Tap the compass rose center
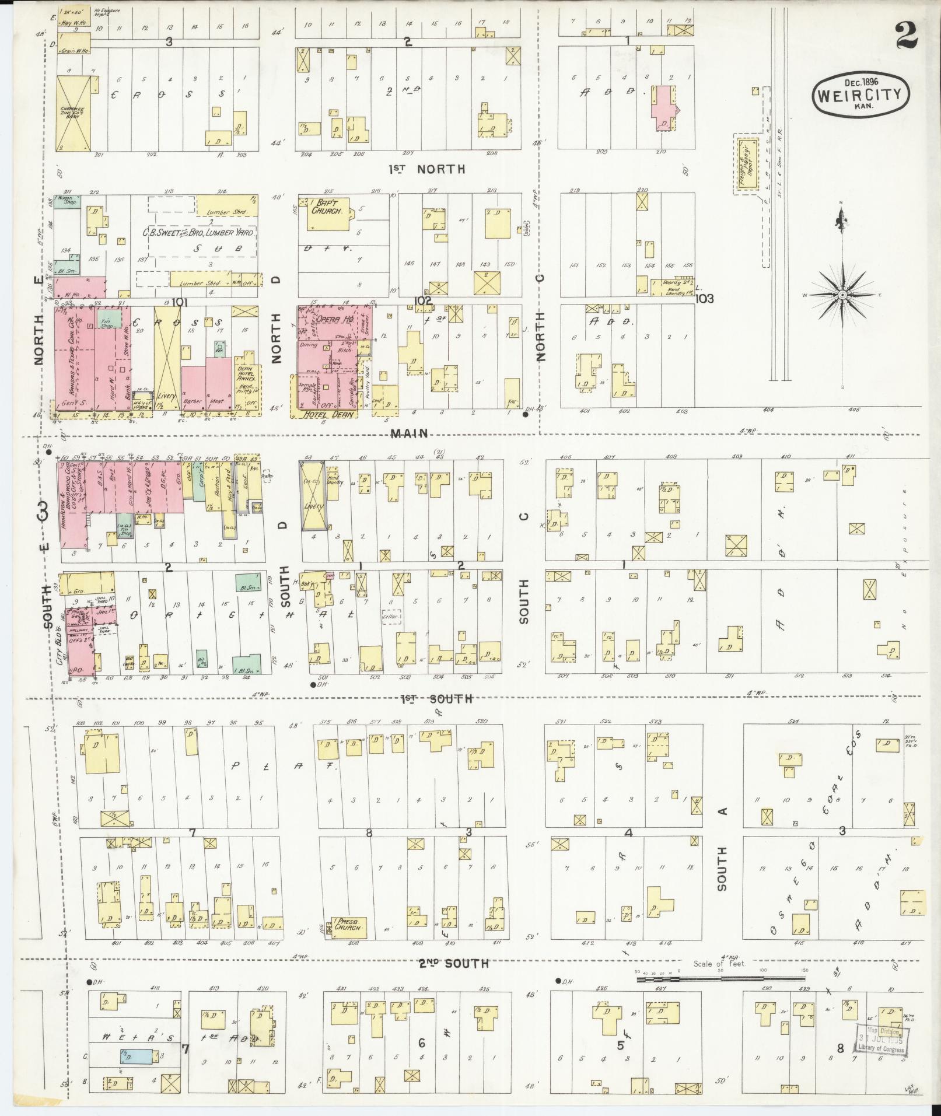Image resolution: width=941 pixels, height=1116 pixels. pos(842,295)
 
